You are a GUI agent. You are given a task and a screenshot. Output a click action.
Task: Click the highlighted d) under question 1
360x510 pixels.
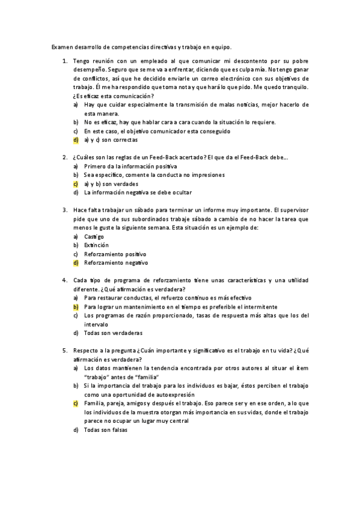76,140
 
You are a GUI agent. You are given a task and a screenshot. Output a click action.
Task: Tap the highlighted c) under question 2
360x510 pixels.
76,183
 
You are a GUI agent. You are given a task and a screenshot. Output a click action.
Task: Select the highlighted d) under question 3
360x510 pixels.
76,262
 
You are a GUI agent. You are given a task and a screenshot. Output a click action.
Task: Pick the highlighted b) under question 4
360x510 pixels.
76,306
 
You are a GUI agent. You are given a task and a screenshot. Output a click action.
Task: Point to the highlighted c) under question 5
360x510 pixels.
76,403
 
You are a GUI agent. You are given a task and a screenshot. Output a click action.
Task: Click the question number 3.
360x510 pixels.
64,210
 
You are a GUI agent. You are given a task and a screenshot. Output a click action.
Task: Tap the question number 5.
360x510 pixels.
64,350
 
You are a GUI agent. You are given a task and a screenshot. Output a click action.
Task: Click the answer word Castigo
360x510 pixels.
94,236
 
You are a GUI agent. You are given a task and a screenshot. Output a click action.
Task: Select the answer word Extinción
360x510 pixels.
96,245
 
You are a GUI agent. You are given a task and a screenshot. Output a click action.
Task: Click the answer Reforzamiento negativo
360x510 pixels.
116,262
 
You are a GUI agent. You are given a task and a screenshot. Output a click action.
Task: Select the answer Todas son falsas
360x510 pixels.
106,429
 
